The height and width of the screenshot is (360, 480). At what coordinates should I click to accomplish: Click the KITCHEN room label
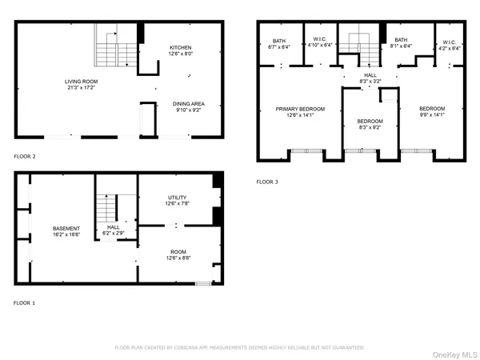[180, 47]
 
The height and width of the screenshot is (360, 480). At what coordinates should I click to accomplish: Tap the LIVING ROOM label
[81, 81]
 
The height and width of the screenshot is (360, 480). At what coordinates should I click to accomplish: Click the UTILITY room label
[178, 197]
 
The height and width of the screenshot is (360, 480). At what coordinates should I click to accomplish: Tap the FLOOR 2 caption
[25, 156]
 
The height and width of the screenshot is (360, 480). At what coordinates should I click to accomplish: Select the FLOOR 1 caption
[25, 303]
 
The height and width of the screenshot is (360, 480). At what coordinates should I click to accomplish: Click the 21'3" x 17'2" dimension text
[81, 87]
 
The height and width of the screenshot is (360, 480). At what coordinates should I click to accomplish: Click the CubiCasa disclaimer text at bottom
[239, 348]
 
